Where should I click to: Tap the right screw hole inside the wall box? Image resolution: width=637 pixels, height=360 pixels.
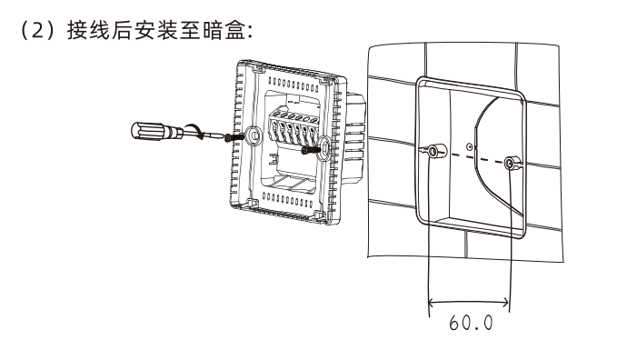coord(513,165)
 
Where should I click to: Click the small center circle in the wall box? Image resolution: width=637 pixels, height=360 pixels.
coord(469,145)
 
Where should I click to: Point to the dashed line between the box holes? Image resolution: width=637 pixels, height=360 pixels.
coord(473,158)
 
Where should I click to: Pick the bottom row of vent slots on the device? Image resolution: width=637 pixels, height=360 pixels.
coord(288,195)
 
